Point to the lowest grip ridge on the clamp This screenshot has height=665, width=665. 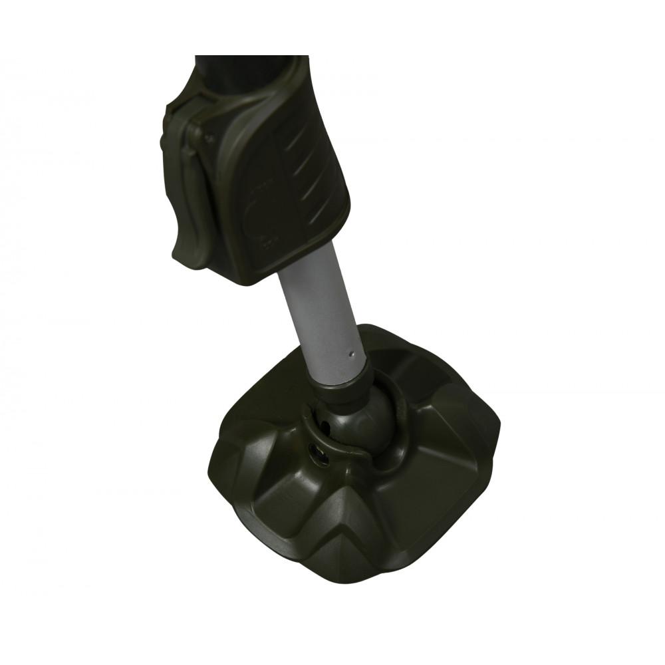point(318,214)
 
